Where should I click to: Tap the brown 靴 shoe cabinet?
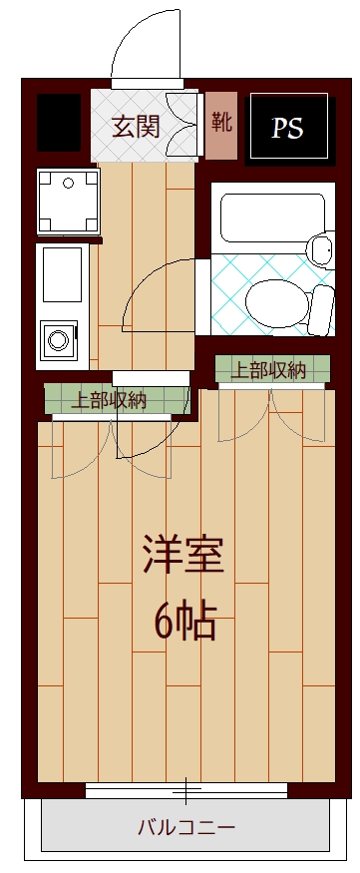(221, 126)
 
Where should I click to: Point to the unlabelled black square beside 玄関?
(58, 123)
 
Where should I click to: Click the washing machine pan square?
(68, 200)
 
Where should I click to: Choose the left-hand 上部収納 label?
(110, 400)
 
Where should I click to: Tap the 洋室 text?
(181, 556)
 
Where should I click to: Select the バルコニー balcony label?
(185, 827)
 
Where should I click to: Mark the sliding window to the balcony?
(185, 792)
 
